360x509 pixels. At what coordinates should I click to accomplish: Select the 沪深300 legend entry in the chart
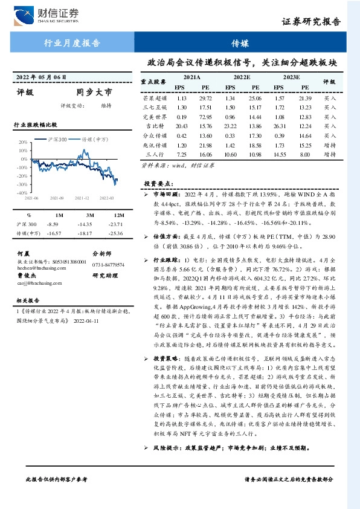pyautogui.click(x=59, y=138)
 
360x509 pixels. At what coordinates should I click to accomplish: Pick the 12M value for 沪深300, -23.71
pyautogui.click(x=118, y=224)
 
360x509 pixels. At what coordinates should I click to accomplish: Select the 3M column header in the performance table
pyautogui.click(x=89, y=215)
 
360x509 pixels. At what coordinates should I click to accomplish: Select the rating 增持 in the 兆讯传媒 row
pyautogui.click(x=330, y=145)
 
